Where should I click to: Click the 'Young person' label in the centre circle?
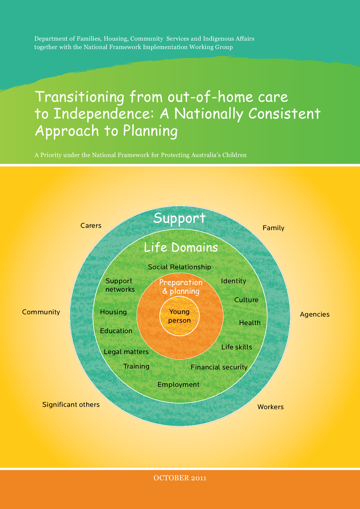(x=179, y=316)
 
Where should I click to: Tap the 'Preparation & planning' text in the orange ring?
(x=181, y=287)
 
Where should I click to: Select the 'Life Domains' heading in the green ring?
(x=181, y=248)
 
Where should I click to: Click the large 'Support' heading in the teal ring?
(x=179, y=218)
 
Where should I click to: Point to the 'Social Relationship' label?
(x=179, y=267)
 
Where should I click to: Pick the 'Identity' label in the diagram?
(x=233, y=281)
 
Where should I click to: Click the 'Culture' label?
(x=246, y=300)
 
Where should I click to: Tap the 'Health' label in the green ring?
(x=250, y=323)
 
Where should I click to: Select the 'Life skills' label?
(x=237, y=347)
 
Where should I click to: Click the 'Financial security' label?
(x=219, y=367)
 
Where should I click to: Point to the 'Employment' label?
(x=178, y=385)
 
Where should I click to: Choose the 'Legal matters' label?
(x=126, y=352)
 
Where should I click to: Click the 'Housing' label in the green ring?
(x=113, y=312)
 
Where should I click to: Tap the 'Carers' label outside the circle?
(x=91, y=225)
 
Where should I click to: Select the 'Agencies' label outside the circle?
(x=314, y=314)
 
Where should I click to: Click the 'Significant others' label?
(x=71, y=405)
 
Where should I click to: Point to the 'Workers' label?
(x=270, y=407)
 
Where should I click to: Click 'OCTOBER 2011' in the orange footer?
(x=180, y=478)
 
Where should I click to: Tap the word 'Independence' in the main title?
(x=103, y=114)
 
